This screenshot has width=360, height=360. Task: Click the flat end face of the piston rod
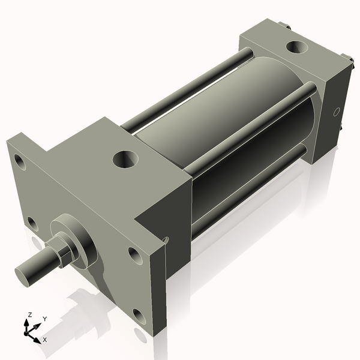25,275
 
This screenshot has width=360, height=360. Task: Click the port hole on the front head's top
125,160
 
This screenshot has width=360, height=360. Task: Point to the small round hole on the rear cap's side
337,111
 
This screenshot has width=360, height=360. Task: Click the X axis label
44,340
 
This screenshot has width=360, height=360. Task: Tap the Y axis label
45,319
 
